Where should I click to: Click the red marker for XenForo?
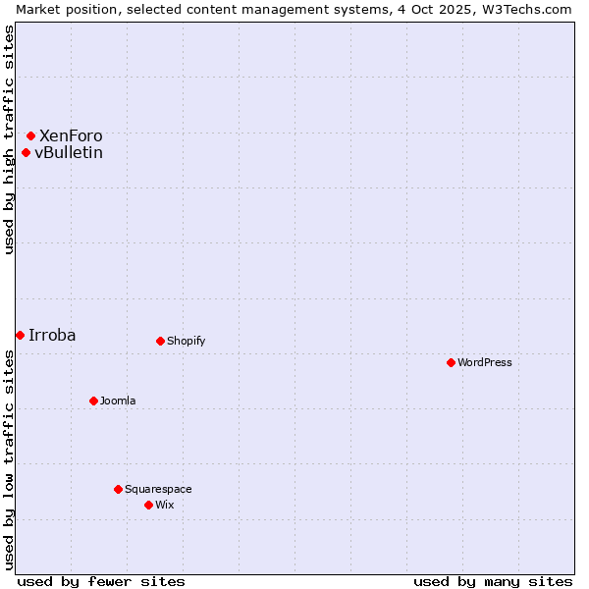tap(30, 135)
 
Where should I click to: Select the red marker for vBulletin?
tap(26, 152)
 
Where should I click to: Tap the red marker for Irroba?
tap(20, 335)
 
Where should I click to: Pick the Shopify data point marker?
tap(160, 341)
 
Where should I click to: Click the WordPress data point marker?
tap(451, 362)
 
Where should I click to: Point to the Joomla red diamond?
tap(93, 401)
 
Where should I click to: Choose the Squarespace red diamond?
tap(118, 489)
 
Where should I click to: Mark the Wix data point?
tap(148, 505)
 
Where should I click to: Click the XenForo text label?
tap(71, 135)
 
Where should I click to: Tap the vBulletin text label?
tap(69, 152)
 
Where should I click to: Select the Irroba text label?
tap(52, 335)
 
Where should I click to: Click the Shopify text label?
tap(186, 341)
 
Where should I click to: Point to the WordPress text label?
tap(485, 362)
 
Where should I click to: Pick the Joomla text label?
tap(118, 401)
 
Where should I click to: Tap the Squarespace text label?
tap(158, 489)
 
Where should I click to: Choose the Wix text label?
tap(164, 505)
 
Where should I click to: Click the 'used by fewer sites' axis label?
tap(101, 581)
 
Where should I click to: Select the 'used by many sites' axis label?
tap(493, 581)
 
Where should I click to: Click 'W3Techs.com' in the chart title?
tap(527, 9)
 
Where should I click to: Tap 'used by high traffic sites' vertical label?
tap(9, 139)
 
